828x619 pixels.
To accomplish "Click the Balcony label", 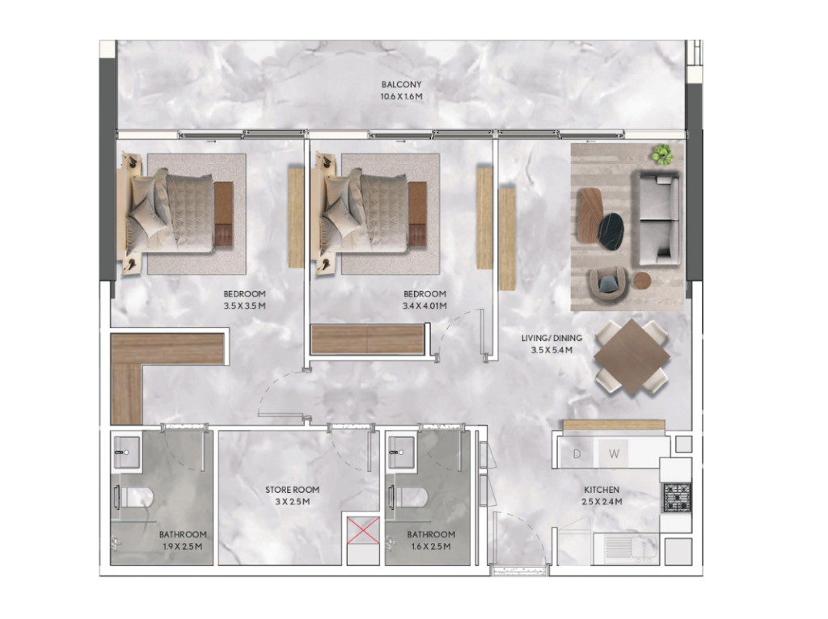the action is pos(401,84).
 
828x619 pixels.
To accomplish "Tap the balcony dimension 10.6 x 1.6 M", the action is pos(401,97).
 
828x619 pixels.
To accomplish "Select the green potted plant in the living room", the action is pos(661,154).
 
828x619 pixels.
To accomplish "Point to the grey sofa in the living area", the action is pos(658,218).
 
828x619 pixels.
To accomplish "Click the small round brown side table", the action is pos(642,280).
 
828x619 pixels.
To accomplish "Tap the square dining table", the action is pos(632,356).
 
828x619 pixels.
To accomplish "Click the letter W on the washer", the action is pos(614,454).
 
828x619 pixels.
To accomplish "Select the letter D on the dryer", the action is pos(577,454).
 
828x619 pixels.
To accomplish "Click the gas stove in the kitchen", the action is pos(677,498).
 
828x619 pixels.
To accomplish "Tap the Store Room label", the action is pos(292,490).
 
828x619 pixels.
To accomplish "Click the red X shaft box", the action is pos(363,530).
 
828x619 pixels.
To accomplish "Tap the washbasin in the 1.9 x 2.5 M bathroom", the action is pos(126,453).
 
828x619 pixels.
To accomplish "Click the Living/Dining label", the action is pos(551,339).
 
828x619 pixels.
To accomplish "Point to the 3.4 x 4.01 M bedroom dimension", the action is pos(425,306).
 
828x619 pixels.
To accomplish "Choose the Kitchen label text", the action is pos(602,490).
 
